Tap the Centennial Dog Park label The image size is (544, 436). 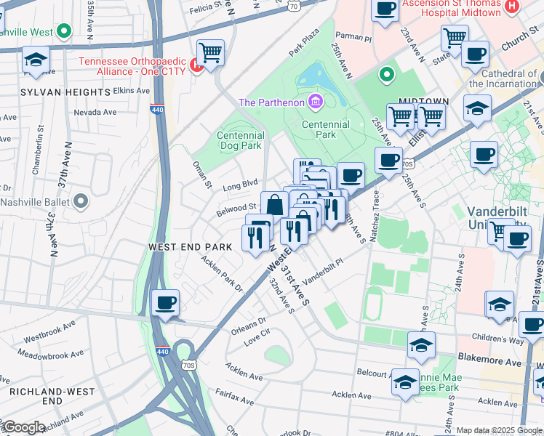point(240,140)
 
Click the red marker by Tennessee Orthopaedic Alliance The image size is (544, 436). point(195,67)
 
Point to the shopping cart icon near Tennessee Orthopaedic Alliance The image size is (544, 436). point(210,52)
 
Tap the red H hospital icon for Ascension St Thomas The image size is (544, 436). point(512,7)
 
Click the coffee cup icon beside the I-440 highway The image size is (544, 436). point(166,302)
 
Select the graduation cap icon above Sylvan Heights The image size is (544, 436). point(36,60)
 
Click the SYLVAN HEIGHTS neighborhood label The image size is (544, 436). point(65,92)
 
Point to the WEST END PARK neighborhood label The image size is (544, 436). point(190,247)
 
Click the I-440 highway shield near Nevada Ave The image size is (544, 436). point(156,109)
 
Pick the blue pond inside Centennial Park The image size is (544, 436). point(313,75)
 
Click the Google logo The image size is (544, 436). point(23,427)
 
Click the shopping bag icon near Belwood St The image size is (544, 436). point(275,206)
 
